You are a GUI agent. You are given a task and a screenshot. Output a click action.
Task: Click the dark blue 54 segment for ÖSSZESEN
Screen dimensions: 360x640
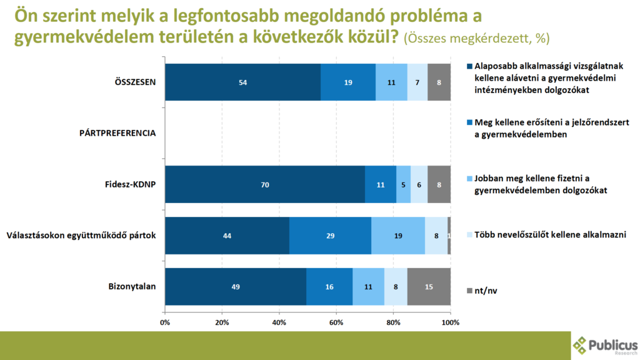[242, 82]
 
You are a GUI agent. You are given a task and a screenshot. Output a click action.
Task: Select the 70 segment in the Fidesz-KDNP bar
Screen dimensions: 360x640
[265, 184]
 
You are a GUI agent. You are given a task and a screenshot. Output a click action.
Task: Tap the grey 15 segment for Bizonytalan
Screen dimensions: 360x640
[429, 287]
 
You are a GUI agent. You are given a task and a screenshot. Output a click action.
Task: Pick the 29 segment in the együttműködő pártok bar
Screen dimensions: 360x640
[330, 236]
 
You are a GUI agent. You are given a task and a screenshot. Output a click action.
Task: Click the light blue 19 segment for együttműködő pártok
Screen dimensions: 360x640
[398, 236]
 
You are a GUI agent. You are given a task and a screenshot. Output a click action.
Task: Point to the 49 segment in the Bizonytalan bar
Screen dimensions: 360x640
[236, 287]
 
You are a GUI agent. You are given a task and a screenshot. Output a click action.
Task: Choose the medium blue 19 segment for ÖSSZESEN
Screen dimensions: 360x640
[348, 82]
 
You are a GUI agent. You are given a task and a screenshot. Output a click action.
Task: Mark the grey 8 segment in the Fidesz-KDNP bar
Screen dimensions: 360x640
[439, 184]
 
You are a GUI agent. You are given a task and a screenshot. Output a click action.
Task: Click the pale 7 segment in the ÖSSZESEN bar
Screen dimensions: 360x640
[417, 82]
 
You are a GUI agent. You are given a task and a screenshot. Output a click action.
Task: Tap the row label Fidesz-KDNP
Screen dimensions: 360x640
[131, 185]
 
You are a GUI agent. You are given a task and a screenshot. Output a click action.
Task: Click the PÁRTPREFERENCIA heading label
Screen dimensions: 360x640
[117, 133]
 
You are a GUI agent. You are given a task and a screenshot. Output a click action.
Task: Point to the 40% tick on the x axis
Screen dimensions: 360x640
[279, 322]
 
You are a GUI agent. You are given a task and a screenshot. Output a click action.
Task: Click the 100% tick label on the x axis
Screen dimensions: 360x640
[450, 322]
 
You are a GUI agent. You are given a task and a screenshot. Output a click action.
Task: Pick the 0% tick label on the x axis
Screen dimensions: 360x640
[166, 322]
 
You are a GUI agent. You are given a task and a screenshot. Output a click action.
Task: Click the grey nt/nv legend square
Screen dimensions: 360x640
[469, 290]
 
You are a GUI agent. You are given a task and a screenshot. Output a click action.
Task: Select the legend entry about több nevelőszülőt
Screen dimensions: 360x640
[550, 234]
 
